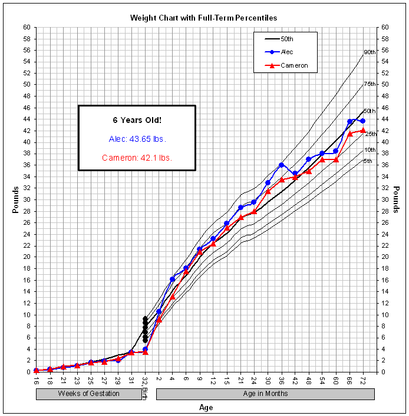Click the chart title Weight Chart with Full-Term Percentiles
coord(204,18)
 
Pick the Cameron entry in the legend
coord(294,65)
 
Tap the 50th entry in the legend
coord(287,39)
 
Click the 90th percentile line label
coord(370,52)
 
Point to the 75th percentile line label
coord(370,84)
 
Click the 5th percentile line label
coord(368,161)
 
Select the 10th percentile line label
coord(370,150)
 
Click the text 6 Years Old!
coord(137,120)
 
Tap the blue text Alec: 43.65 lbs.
coord(137,139)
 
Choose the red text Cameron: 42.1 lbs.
coord(137,158)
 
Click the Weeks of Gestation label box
coord(88,394)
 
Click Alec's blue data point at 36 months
coord(282,165)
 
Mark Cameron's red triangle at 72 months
coord(363,130)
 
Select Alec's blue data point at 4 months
coord(172,279)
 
